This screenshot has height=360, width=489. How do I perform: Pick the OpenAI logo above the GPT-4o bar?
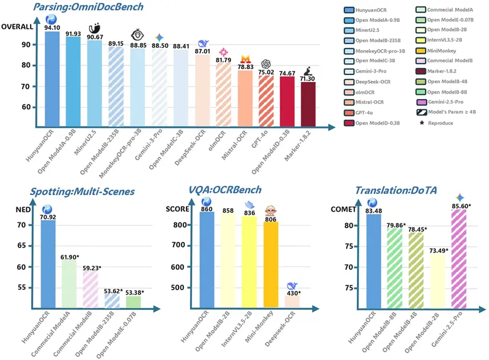tap(267, 64)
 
